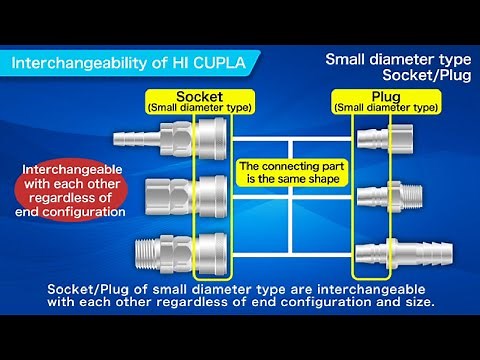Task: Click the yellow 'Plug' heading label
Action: (x=384, y=96)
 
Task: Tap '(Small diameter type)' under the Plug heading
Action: (x=384, y=107)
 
